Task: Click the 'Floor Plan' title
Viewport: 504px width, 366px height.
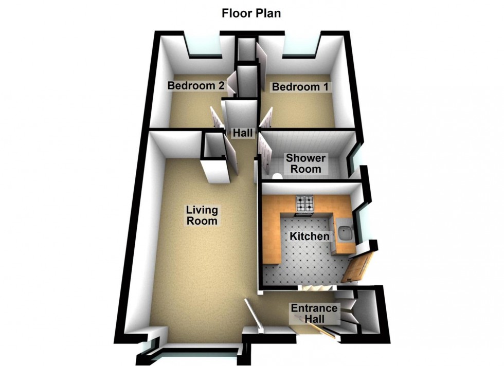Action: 251,13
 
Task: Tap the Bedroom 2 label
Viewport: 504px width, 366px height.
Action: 196,86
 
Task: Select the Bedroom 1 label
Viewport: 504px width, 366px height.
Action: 300,87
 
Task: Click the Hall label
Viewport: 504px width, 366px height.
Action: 243,133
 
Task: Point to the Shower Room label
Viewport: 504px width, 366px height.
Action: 304,163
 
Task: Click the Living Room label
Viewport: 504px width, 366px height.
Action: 202,215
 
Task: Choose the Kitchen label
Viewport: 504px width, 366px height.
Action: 309,236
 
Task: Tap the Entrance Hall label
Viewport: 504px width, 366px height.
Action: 314,314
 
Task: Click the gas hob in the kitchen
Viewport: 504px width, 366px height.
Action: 303,204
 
